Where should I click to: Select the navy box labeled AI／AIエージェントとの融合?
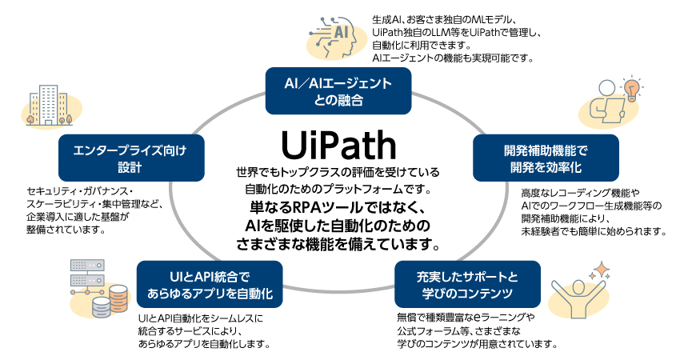tap(338, 91)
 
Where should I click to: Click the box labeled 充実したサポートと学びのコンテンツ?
tap(467, 286)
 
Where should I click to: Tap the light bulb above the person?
tap(633, 87)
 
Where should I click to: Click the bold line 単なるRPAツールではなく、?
tap(338, 207)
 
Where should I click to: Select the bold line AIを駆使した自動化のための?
tap(338, 224)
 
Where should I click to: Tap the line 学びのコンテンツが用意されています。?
tap(476, 343)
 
